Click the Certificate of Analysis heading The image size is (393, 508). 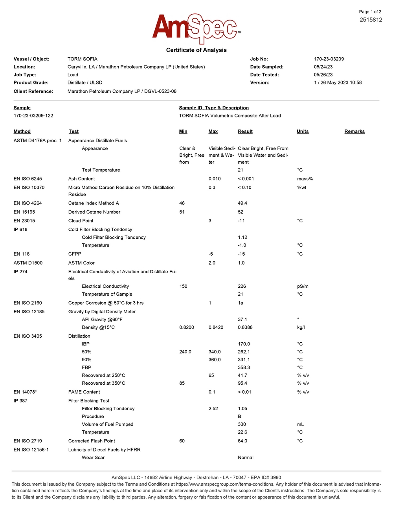pyautogui.click(x=196, y=50)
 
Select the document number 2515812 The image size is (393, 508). pyautogui.click(x=371, y=20)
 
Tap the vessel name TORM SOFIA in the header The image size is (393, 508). pyautogui.click(x=83, y=59)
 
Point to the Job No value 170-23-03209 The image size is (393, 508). pyautogui.click(x=329, y=59)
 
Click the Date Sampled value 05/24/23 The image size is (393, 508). pyautogui.click(x=323, y=67)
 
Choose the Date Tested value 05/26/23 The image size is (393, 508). pyautogui.click(x=323, y=75)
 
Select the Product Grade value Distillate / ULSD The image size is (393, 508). pyautogui.click(x=85, y=82)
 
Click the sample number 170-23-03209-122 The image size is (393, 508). pyautogui.click(x=33, y=115)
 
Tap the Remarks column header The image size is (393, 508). pyautogui.click(x=354, y=131)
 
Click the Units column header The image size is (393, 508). pyautogui.click(x=303, y=131)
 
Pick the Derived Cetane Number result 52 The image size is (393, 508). pyautogui.click(x=241, y=212)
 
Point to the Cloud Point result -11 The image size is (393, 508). pyautogui.click(x=241, y=221)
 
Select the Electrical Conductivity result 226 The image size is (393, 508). pyautogui.click(x=242, y=286)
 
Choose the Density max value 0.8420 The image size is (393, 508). pyautogui.click(x=216, y=327)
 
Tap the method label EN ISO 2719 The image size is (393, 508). pyautogui.click(x=28, y=441)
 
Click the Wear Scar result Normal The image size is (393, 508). pyautogui.click(x=246, y=457)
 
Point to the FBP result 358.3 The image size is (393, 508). pyautogui.click(x=244, y=367)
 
